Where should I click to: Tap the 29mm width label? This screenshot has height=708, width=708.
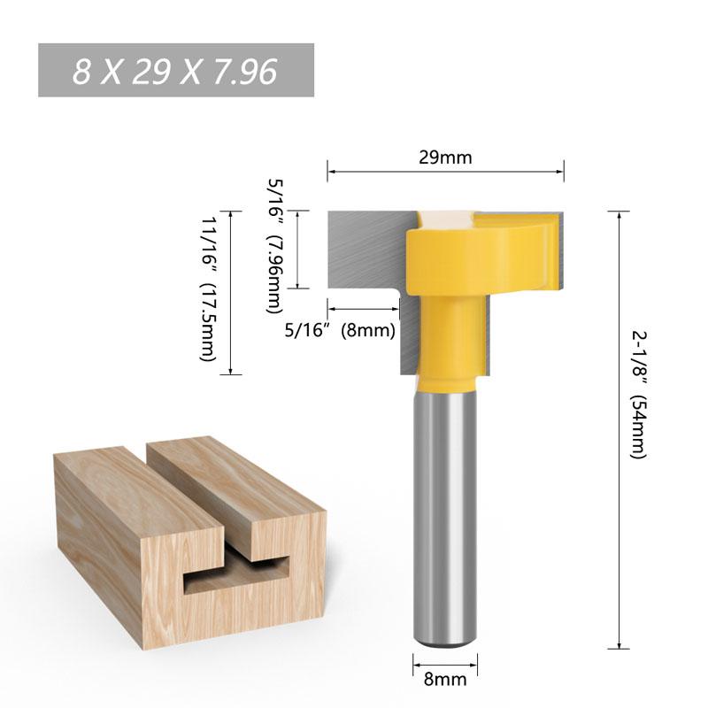(x=445, y=158)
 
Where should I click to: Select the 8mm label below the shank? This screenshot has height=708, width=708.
(x=445, y=681)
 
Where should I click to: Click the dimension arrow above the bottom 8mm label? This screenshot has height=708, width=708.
(x=445, y=660)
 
